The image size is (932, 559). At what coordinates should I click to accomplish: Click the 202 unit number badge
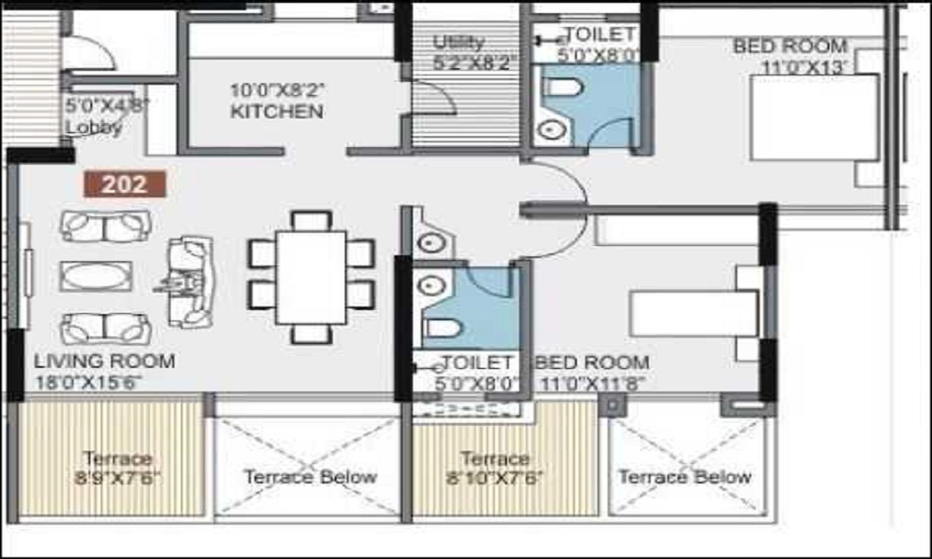click(x=125, y=184)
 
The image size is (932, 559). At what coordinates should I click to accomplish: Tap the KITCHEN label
click(x=277, y=112)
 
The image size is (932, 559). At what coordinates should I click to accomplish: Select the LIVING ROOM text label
click(x=103, y=361)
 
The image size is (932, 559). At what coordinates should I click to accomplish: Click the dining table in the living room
click(x=311, y=277)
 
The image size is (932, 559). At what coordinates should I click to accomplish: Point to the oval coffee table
click(x=96, y=276)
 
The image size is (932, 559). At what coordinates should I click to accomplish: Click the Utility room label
click(x=459, y=42)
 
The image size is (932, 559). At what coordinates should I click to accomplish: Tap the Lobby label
click(x=93, y=128)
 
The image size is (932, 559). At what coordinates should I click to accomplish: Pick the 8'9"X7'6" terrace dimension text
click(x=117, y=479)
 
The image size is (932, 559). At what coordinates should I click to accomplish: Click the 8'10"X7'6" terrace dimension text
click(x=494, y=479)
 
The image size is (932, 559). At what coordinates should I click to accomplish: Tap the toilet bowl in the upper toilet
click(x=563, y=89)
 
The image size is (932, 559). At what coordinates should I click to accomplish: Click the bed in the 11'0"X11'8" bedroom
click(x=694, y=313)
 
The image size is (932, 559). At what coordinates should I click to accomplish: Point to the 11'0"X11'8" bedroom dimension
click(x=591, y=383)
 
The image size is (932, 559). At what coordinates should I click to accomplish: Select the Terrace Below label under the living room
click(x=310, y=477)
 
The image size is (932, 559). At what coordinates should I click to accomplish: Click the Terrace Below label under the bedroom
click(x=685, y=477)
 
